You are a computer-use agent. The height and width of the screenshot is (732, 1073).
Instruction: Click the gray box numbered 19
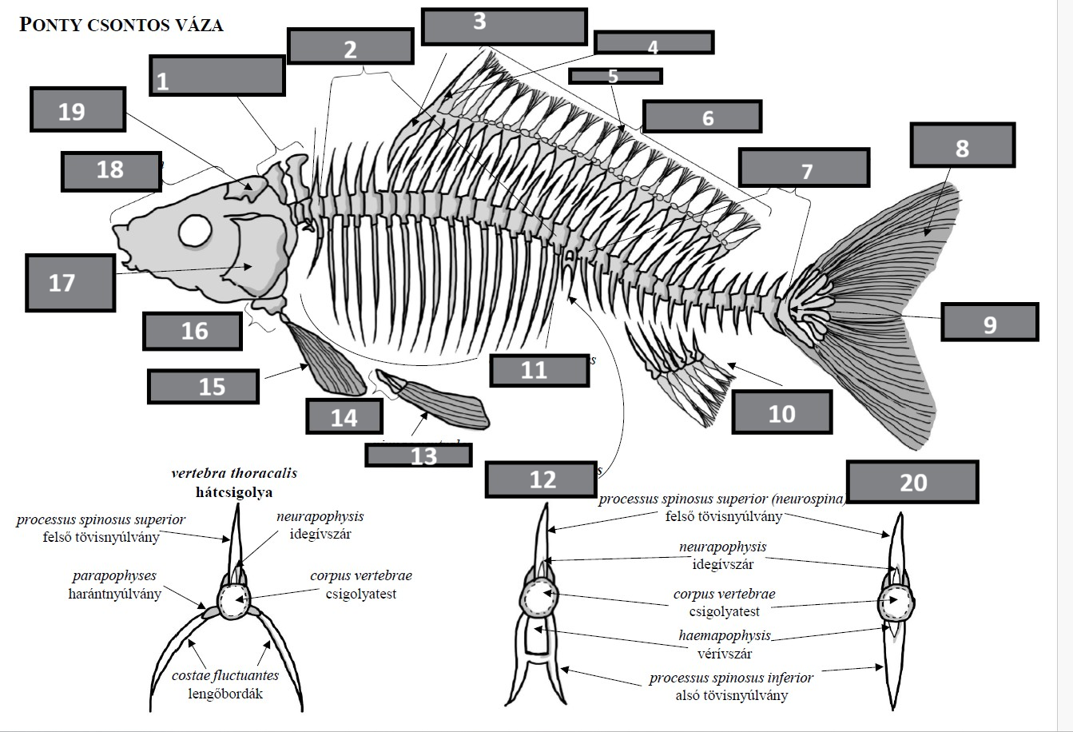pos(77,109)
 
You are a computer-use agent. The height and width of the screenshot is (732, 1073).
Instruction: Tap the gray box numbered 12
pos(542,479)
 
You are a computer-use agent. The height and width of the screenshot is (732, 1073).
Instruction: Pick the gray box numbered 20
pos(912,481)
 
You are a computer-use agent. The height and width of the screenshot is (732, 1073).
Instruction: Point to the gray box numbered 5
pos(614,76)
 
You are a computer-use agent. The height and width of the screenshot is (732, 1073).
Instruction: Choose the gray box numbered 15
pos(203,387)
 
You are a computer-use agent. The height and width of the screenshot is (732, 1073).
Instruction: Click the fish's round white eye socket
pos(196,231)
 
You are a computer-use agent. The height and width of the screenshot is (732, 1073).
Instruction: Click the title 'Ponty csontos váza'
pos(121,25)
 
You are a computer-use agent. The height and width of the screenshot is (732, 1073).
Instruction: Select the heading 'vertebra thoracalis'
pos(234,473)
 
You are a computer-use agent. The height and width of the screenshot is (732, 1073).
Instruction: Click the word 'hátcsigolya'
pos(234,491)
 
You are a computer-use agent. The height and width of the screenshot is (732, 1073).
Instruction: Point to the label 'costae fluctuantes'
pos(225,676)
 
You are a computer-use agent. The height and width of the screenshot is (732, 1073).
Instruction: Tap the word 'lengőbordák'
pos(225,694)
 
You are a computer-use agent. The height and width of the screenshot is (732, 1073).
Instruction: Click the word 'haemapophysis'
pos(725,635)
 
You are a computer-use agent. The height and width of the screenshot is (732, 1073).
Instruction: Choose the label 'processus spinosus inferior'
pos(731,678)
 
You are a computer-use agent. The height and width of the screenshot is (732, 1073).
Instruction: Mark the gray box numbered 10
pos(781,412)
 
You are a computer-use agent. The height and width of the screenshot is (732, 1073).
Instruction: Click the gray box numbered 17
pos(70,282)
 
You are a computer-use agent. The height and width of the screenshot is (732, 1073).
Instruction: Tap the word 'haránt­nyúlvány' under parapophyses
pos(114,594)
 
